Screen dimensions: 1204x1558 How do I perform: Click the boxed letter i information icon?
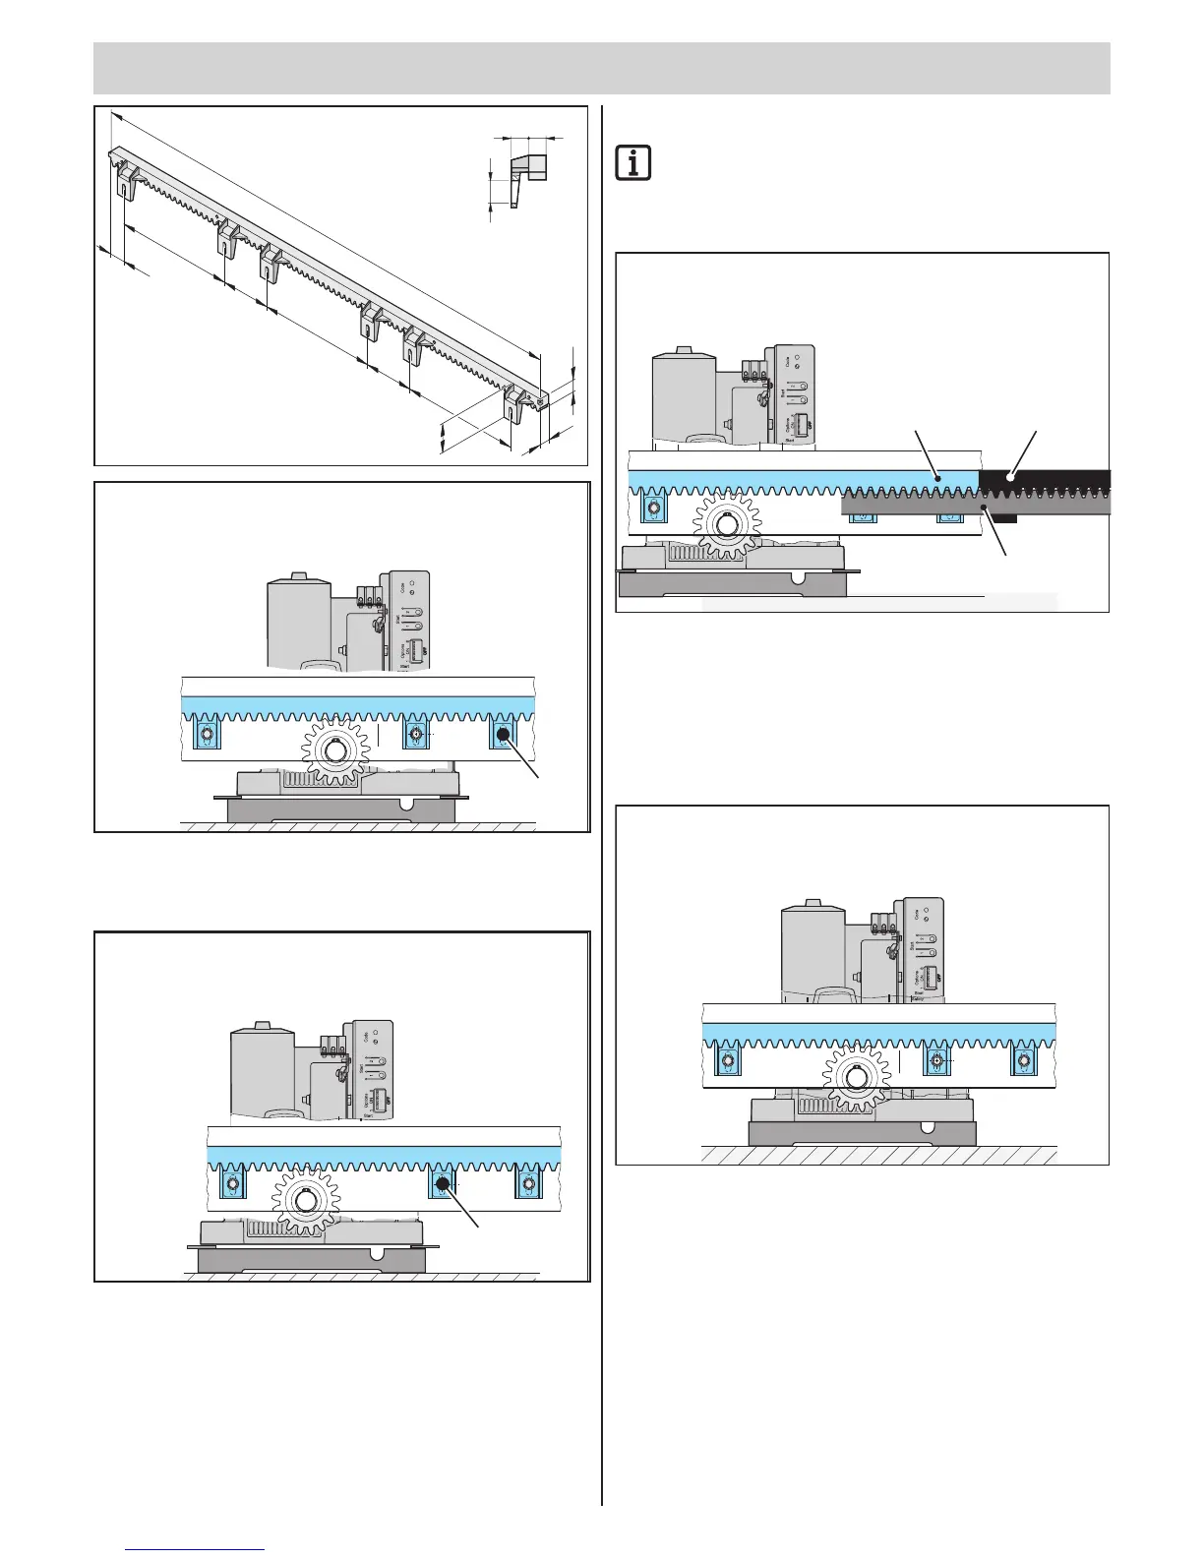633,162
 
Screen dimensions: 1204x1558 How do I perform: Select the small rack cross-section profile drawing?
527,178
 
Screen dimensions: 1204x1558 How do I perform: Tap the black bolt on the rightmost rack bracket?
504,735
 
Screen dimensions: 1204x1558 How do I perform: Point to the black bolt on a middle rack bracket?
442,1184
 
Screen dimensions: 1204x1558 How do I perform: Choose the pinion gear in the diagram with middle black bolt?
306,1200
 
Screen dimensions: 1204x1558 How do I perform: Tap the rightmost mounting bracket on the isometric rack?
515,403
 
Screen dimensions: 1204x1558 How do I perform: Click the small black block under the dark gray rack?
1002,517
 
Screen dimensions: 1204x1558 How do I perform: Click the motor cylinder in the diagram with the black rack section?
685,398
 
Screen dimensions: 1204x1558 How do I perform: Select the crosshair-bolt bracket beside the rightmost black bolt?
417,736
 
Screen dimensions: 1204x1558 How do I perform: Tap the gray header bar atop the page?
601,68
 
